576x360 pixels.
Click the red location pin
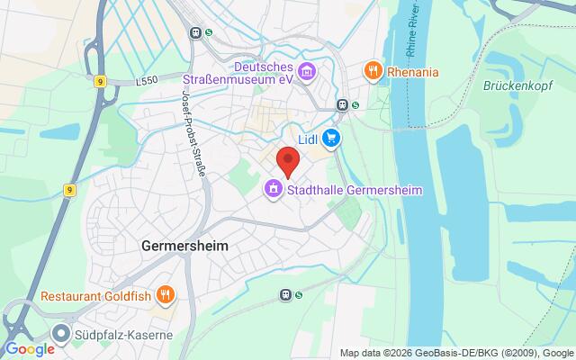pos(287,160)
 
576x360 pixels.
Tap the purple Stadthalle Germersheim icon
pos(271,189)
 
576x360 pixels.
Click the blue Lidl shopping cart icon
pos(332,138)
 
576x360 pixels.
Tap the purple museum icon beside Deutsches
pos(307,70)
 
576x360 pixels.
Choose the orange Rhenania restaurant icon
pos(370,70)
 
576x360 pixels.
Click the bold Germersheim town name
pos(184,245)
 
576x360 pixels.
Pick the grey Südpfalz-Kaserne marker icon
pos(62,330)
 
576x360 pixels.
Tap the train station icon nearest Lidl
pos(342,104)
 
